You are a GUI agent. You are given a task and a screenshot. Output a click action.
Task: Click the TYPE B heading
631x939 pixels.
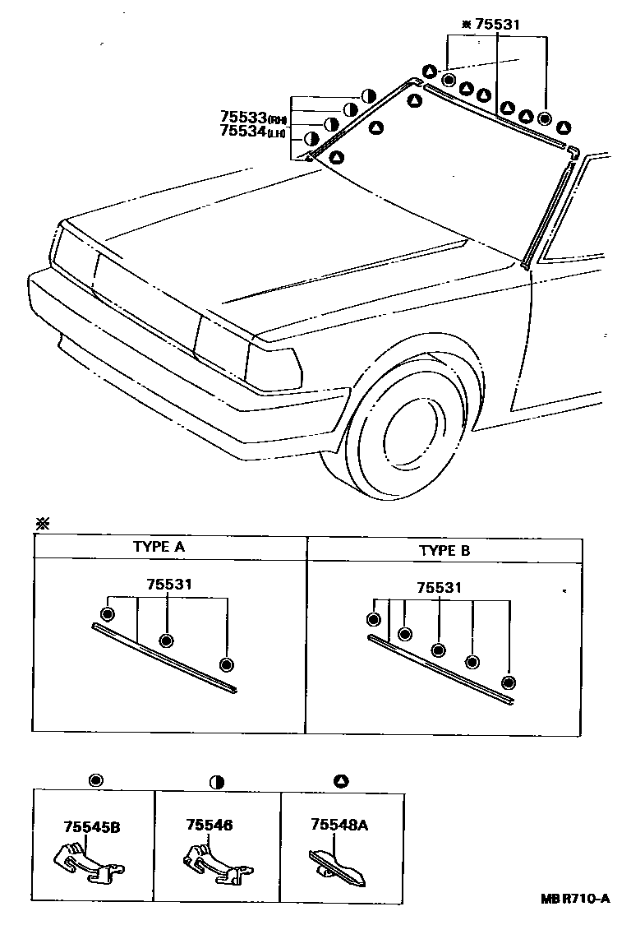(x=444, y=550)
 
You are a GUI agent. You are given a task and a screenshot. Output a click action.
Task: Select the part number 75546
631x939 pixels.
(x=210, y=824)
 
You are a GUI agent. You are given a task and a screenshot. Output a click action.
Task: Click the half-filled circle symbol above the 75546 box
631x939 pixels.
(x=217, y=780)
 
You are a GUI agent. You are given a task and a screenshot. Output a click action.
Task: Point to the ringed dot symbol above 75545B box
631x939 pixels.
(x=95, y=780)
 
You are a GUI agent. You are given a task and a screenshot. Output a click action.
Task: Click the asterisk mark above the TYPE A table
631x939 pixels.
(x=41, y=523)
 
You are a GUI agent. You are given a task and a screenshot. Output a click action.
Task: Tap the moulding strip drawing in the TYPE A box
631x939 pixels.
(x=164, y=657)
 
